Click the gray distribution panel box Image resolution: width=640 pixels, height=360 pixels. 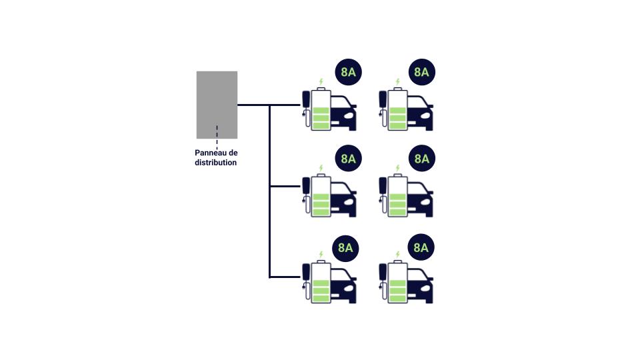217,105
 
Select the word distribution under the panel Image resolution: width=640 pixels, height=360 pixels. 215,163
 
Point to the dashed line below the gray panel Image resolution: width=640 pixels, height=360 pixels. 217,137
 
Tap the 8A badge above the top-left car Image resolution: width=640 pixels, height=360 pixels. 348,72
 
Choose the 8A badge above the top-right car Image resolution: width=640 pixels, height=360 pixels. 421,72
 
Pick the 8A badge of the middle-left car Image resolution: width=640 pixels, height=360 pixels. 348,159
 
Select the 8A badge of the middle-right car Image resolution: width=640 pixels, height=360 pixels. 421,159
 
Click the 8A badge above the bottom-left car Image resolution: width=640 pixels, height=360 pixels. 345,248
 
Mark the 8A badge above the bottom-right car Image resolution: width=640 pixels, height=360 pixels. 421,247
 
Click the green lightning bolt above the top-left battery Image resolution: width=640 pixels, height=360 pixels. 321,82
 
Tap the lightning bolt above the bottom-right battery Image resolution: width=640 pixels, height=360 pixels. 397,255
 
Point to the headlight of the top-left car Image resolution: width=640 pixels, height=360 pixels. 349,115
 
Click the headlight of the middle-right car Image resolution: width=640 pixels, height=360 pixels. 425,201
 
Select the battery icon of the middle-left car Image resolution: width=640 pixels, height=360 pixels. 321,195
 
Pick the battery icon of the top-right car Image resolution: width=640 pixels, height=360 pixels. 397,109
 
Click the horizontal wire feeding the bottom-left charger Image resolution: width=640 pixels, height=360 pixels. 285,277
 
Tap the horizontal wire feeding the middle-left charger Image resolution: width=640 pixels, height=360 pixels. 285,186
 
